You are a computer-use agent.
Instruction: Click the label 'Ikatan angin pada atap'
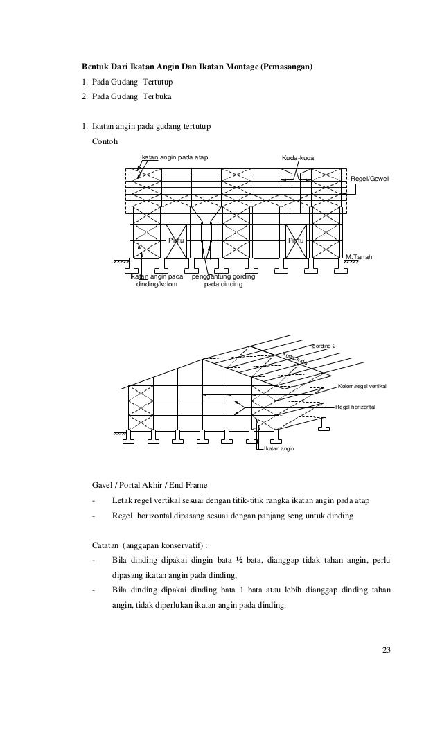[174, 158]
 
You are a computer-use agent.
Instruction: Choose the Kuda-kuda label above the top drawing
[297, 159]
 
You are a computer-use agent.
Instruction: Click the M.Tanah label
[359, 257]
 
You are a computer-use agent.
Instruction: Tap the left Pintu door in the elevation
[176, 240]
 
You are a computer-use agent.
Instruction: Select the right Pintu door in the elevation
[296, 240]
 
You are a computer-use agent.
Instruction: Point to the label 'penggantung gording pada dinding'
[223, 280]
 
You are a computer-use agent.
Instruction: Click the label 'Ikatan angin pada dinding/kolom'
[157, 280]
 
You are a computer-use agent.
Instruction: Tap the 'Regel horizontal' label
[355, 407]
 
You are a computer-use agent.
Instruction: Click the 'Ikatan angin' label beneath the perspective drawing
[279, 449]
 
